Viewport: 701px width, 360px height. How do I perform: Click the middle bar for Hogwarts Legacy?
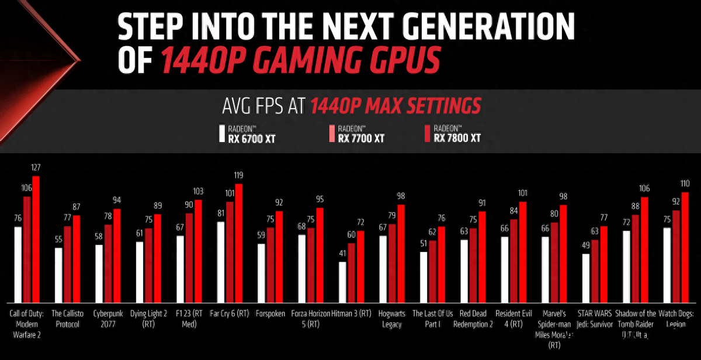[x=393, y=262]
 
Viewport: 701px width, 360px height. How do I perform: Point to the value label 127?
[x=36, y=168]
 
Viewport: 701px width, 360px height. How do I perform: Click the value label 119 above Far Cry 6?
[x=238, y=175]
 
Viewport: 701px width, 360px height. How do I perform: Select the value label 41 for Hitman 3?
[x=343, y=254]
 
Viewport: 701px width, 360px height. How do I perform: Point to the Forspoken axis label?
[x=270, y=314]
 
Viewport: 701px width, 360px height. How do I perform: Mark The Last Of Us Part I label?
[x=432, y=319]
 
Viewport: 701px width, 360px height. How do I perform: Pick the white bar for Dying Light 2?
[x=140, y=272]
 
